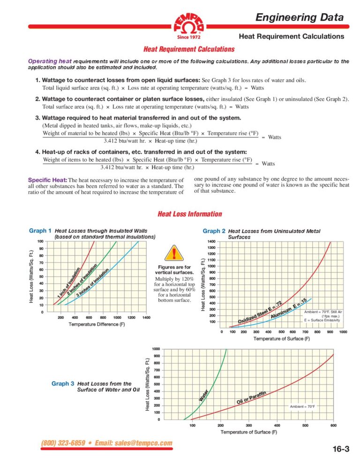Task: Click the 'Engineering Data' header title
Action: [299, 18]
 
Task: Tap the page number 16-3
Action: [341, 449]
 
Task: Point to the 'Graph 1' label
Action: [40, 231]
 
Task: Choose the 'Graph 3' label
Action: [63, 383]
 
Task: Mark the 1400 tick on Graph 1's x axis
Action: [146, 318]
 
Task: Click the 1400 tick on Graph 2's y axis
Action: [211, 241]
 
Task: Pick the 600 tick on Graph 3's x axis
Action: [333, 426]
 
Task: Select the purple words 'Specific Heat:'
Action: [48, 180]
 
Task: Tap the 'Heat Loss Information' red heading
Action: [190, 214]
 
